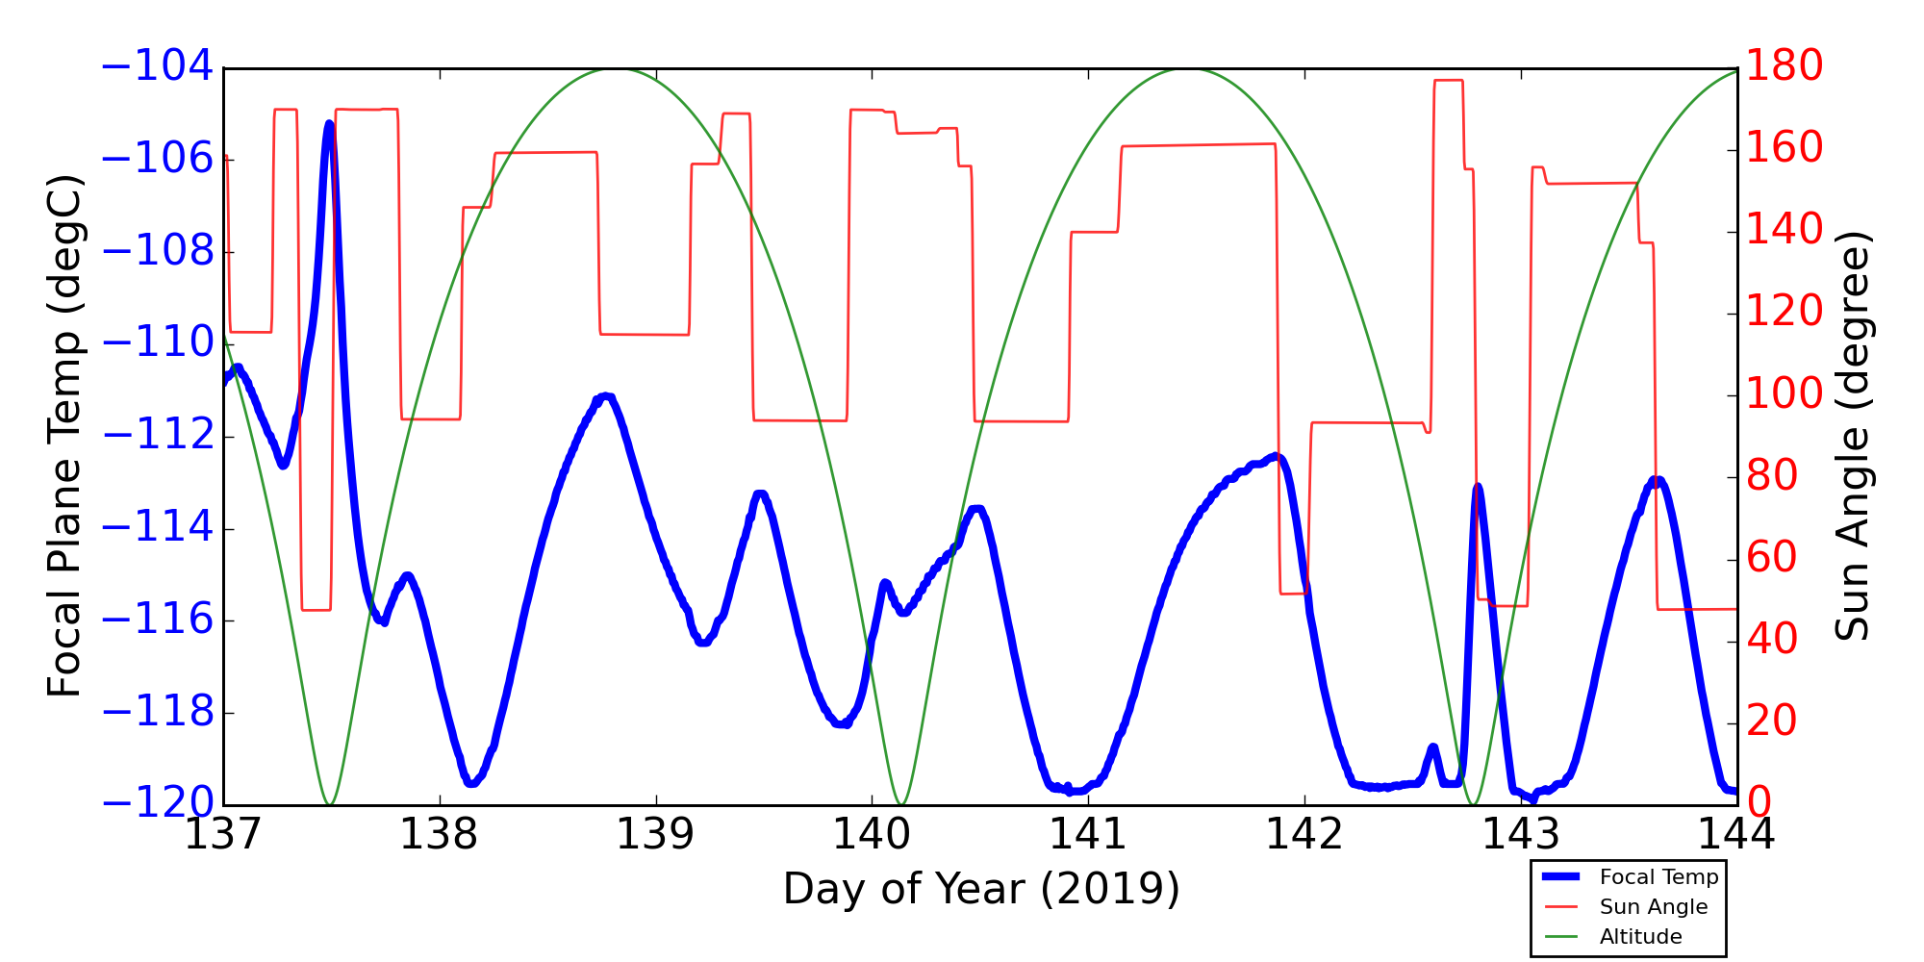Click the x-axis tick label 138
pyautogui.click(x=440, y=834)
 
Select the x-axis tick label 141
pyautogui.click(x=1088, y=834)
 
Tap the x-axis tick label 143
pyautogui.click(x=1521, y=834)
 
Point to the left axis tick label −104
pyautogui.click(x=157, y=67)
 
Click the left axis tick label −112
pyautogui.click(x=157, y=436)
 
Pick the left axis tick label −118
pyautogui.click(x=157, y=713)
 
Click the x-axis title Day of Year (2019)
pyautogui.click(x=981, y=889)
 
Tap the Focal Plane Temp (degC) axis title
pyautogui.click(x=65, y=436)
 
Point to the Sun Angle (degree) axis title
pyautogui.click(x=1852, y=436)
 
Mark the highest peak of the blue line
pyautogui.click(x=329, y=123)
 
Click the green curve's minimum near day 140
pyautogui.click(x=900, y=803)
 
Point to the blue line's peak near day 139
pyautogui.click(x=606, y=396)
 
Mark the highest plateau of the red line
pyautogui.click(x=1449, y=81)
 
